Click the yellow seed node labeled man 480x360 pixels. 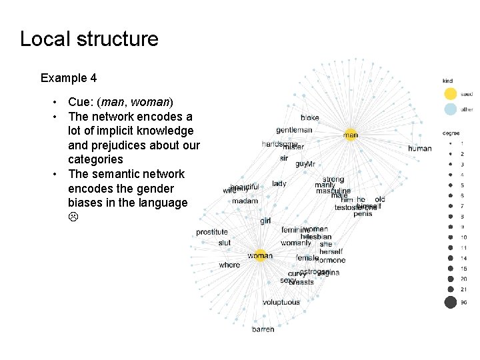coord(351,135)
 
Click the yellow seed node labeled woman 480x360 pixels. coord(260,255)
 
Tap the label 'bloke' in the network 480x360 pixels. coord(309,117)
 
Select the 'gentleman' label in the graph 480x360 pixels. coord(294,130)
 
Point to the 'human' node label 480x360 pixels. coord(420,149)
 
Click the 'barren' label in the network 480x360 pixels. coord(263,329)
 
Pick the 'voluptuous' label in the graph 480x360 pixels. coord(281,302)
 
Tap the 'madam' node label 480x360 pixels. coord(245,201)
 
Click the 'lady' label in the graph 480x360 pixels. coord(279,183)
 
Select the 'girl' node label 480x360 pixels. coord(265,221)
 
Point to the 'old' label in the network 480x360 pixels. coord(380,199)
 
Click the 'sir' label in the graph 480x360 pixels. coord(283,159)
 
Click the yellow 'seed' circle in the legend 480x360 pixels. coord(450,94)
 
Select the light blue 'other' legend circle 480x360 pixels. coord(450,109)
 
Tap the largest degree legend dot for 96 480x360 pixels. coord(450,302)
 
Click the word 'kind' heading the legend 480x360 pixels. coord(448,81)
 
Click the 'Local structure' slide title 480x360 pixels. coord(89,39)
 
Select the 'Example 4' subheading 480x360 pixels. coord(69,78)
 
